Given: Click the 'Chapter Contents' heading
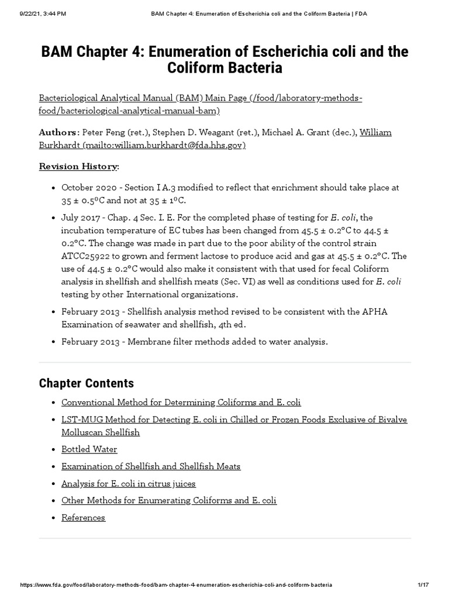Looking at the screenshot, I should coord(87,383).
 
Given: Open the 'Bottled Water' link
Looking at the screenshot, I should coord(89,449).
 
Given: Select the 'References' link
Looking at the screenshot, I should coord(84,517).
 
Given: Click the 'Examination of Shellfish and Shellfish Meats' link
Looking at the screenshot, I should coord(151,466).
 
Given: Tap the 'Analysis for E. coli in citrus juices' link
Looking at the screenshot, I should coord(129,483).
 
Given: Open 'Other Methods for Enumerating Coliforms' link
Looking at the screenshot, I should coord(169,500).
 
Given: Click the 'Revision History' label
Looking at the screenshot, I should coord(78,166).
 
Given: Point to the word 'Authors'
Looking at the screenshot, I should coord(57,132).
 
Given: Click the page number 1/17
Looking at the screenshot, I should coord(424,585).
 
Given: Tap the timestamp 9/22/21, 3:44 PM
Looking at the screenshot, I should coord(34,13).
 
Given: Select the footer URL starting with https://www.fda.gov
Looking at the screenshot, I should coord(175,585).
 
